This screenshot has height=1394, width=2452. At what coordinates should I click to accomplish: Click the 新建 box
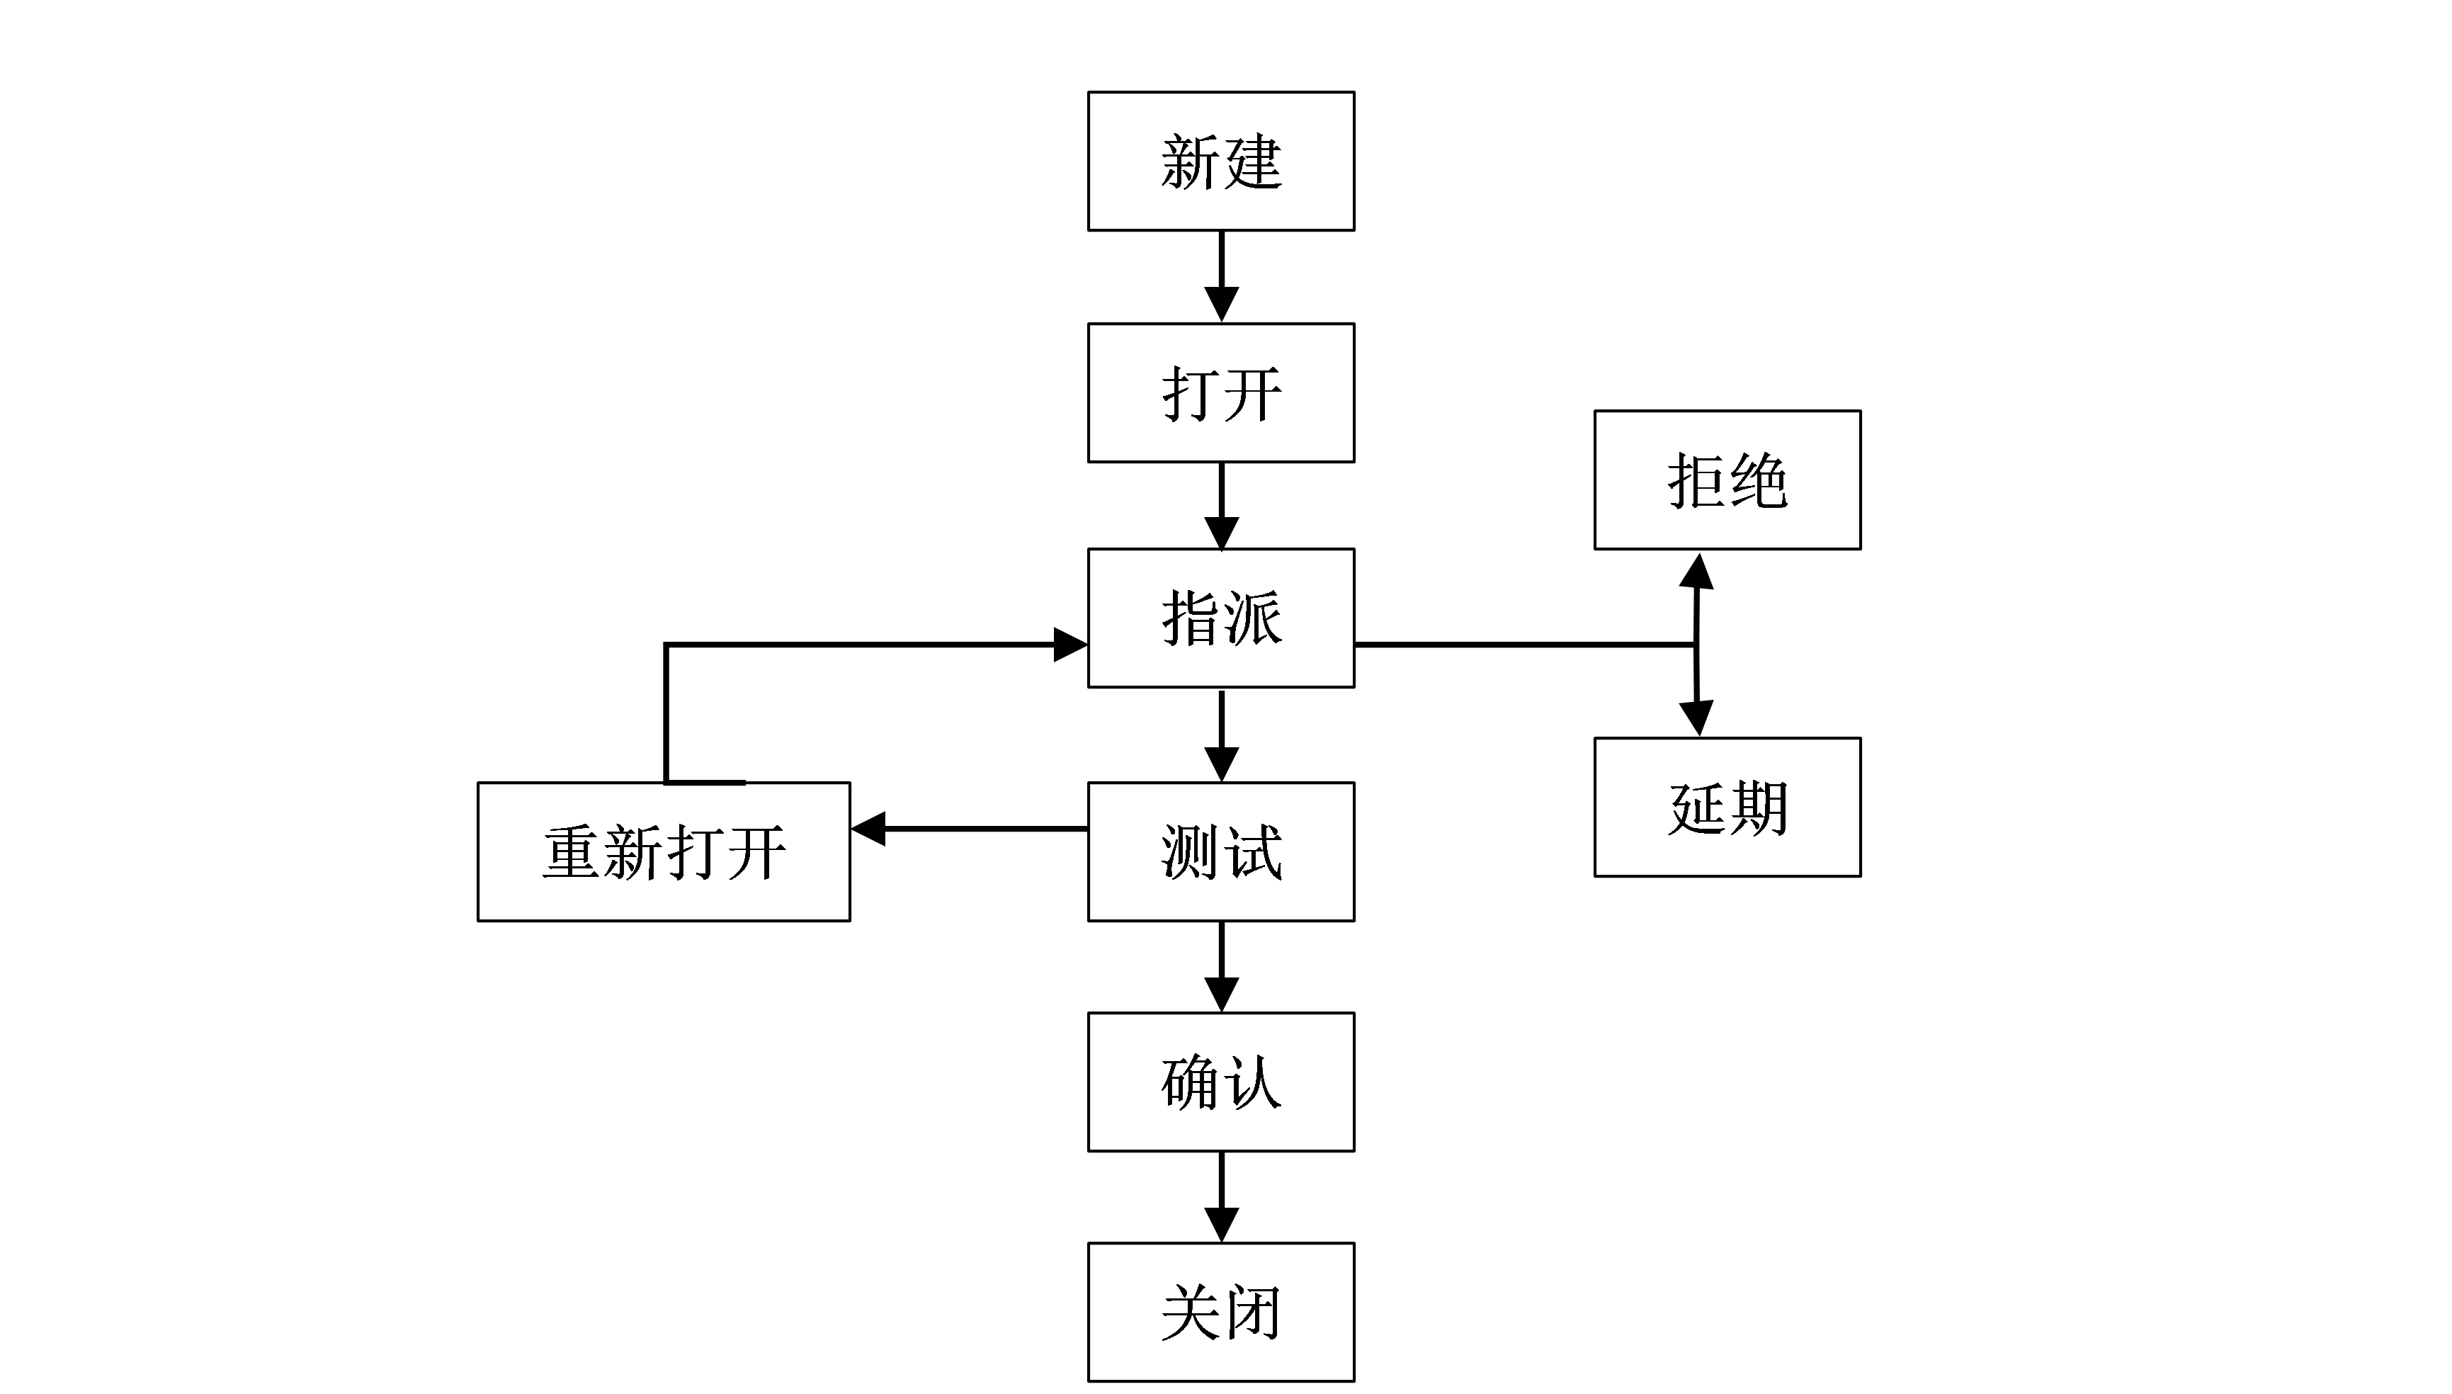click(1220, 161)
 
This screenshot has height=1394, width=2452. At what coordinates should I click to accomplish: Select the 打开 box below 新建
click(1220, 392)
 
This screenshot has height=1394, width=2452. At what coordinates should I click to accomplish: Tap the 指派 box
click(1220, 618)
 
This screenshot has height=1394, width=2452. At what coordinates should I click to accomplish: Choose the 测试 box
click(1220, 851)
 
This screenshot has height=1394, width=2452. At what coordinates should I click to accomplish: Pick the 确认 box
click(1220, 1082)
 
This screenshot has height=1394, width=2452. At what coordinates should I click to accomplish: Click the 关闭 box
click(1220, 1312)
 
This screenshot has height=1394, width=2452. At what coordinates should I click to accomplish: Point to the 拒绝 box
click(1727, 480)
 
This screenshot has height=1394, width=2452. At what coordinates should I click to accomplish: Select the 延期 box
click(1727, 806)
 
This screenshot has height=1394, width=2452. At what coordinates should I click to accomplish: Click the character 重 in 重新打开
click(572, 852)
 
